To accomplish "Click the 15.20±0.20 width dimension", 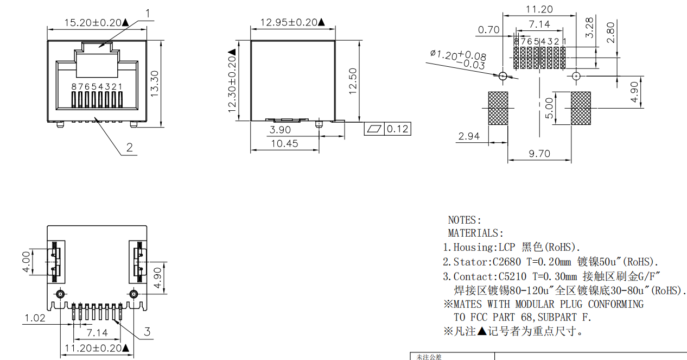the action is point(96,23).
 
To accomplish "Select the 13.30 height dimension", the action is point(155,84).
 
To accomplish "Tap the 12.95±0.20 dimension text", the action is point(292,22).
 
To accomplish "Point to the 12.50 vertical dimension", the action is point(353,81).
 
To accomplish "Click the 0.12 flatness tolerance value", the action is point(397,129).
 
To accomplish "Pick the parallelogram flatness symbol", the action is point(374,129).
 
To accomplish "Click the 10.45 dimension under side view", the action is point(284,144).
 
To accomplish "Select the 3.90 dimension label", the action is point(280,130).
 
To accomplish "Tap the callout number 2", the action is point(130,148).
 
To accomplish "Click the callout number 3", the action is point(147,332).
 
